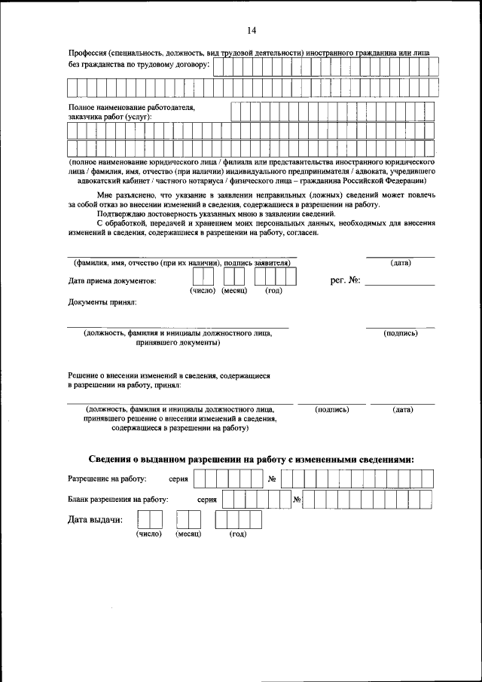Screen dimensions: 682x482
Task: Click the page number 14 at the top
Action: [x=251, y=30]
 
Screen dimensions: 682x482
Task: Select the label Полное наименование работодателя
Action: [x=132, y=108]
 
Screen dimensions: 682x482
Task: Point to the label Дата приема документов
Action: [x=112, y=281]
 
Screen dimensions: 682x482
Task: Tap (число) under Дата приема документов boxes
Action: [x=203, y=290]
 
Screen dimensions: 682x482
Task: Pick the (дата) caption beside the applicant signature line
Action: [x=400, y=262]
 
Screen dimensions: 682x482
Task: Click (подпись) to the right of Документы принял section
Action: [x=400, y=333]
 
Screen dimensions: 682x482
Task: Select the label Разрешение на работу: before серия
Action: [x=107, y=479]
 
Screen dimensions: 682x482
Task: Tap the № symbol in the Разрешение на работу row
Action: [x=273, y=479]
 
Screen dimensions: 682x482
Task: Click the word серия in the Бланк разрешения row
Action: [x=207, y=499]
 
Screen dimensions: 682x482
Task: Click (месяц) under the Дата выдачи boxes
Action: [x=188, y=534]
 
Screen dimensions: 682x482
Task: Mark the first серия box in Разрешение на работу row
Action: [x=199, y=478]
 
